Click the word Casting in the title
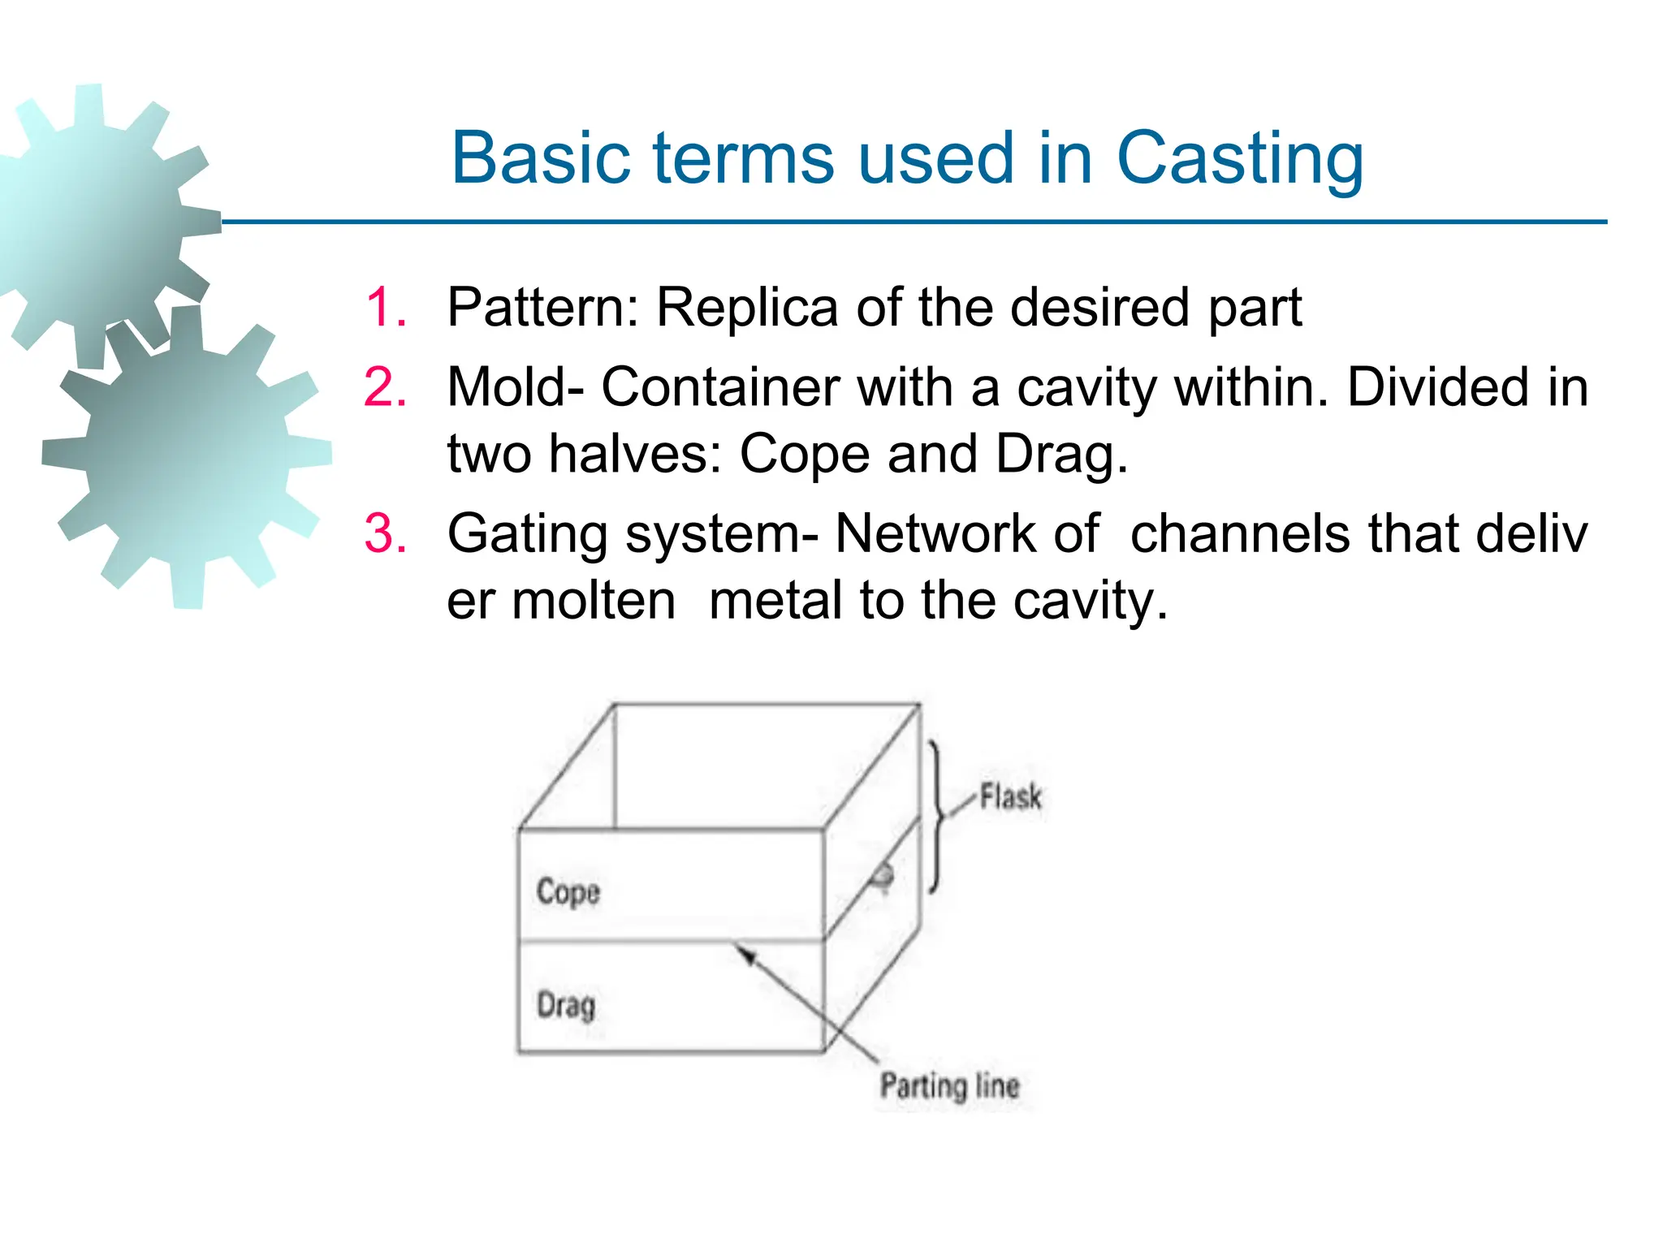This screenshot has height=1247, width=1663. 1239,158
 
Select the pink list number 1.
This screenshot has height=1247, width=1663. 386,308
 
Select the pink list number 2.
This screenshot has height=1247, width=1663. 386,387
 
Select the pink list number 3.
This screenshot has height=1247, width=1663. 386,534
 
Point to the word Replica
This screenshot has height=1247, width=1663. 747,308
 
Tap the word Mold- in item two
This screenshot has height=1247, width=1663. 515,387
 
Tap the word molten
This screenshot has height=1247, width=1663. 594,602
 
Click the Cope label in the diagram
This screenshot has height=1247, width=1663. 568,892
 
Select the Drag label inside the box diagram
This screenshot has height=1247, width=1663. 566,1005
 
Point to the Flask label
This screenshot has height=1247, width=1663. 1010,796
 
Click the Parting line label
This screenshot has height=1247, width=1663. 949,1085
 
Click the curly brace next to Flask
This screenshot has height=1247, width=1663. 937,816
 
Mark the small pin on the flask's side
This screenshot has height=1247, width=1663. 882,877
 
